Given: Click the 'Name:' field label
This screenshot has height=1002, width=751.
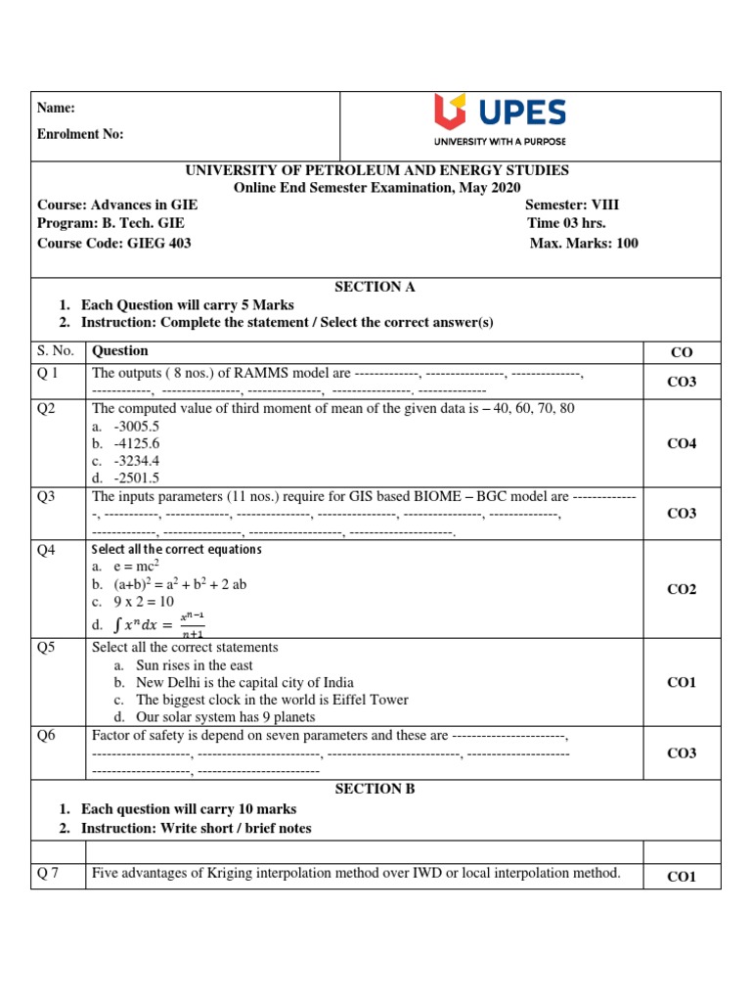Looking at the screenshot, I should (x=56, y=109).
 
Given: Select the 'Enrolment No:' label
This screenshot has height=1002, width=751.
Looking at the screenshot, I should (x=80, y=134).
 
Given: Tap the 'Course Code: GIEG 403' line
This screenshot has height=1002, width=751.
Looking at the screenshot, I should (x=113, y=244).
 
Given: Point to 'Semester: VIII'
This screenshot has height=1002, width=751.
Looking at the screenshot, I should (x=572, y=205).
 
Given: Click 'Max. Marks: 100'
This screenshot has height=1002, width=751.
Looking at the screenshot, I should (x=584, y=244).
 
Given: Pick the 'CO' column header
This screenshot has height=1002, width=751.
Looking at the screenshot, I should (x=682, y=353).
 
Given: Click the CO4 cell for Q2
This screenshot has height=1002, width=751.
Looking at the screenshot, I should (x=682, y=443).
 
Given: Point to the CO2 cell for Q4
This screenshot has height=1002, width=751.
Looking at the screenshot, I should (x=682, y=589).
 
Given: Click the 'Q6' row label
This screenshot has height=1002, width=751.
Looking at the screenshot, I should (x=47, y=736).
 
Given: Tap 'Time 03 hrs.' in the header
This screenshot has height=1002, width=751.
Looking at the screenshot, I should (x=566, y=223).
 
